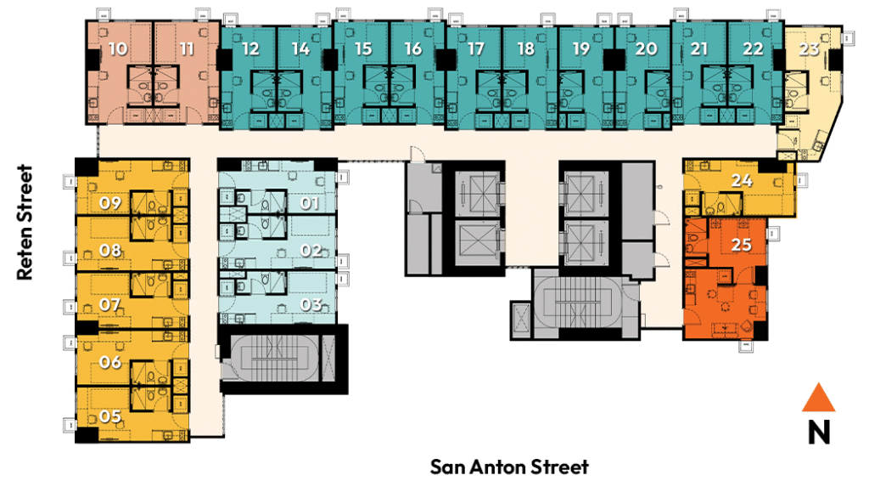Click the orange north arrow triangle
point(819,399)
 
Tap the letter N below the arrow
point(819,432)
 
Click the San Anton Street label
point(509,467)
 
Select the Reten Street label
point(25,222)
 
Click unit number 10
point(117,48)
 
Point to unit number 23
point(809,48)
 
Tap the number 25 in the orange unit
point(741,244)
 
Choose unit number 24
point(742,180)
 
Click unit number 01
point(310,203)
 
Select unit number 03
point(311,304)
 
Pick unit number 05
point(109,416)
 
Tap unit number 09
point(109,202)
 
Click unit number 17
point(475,48)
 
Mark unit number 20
point(646,48)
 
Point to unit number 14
point(300,48)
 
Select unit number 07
point(109,304)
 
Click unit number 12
point(250,48)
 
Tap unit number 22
point(753,48)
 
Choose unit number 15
point(363,48)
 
